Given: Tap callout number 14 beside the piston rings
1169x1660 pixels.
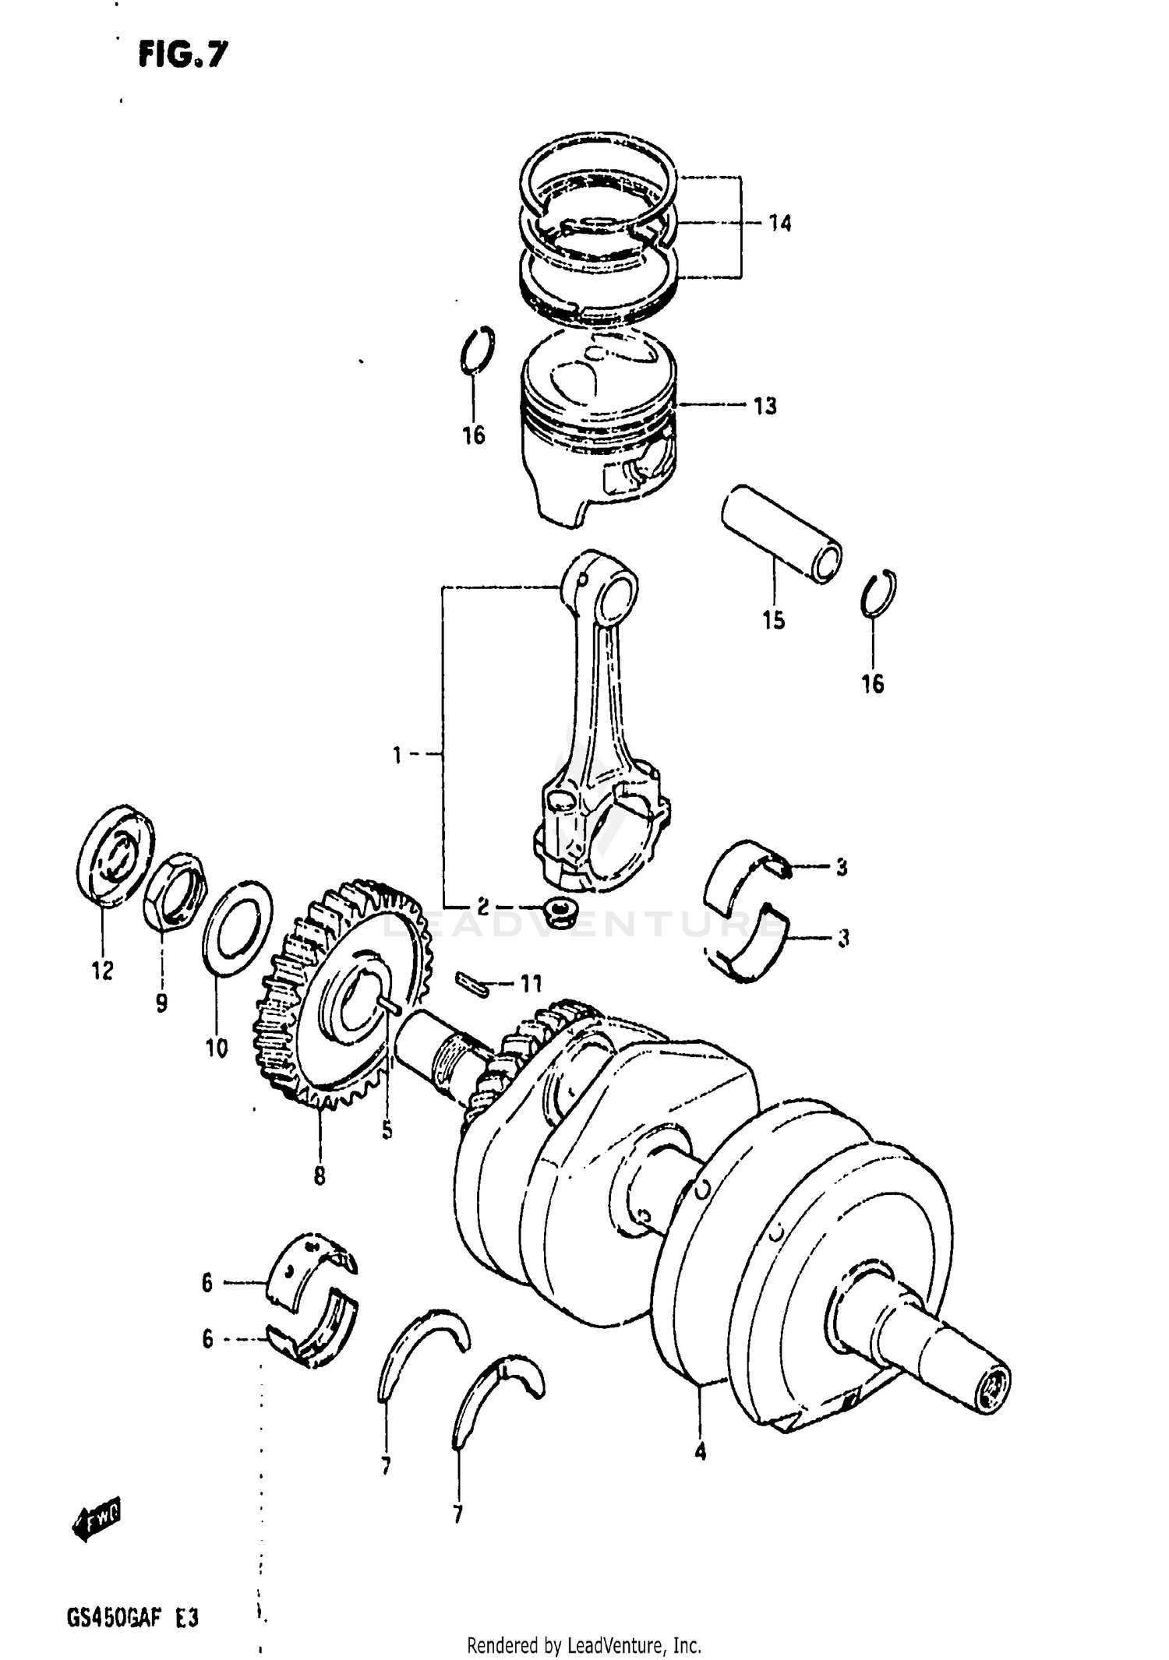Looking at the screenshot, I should click(779, 224).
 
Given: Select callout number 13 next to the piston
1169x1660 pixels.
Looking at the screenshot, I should click(765, 406).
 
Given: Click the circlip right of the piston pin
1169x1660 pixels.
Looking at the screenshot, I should click(879, 594).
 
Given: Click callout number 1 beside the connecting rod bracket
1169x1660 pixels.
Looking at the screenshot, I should click(396, 755).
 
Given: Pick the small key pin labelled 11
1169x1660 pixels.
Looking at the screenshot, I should click(471, 983).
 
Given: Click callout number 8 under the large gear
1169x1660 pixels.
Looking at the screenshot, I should click(319, 1175).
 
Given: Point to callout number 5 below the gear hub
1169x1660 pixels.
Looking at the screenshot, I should click(387, 1130).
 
